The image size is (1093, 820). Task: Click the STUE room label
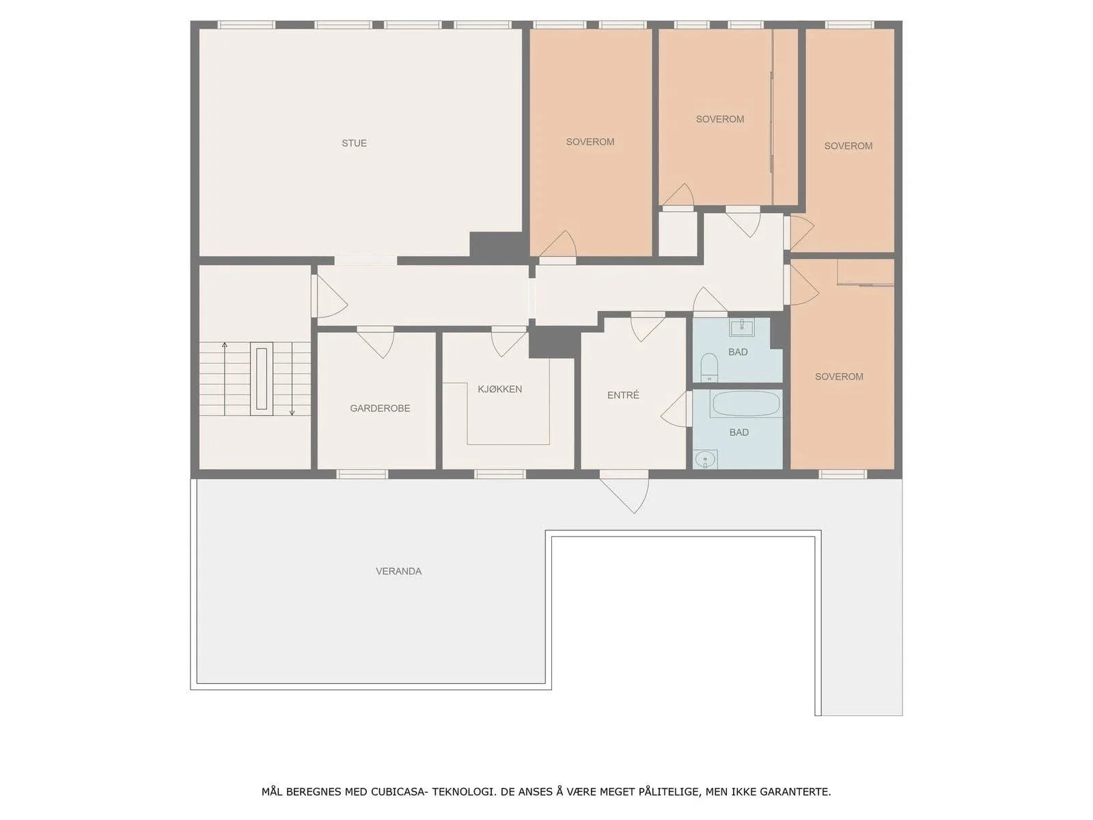point(354,143)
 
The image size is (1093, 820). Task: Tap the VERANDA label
point(398,571)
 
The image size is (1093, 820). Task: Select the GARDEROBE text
point(380,408)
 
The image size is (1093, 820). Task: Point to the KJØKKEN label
point(499,389)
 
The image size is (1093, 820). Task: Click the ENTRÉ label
point(623,396)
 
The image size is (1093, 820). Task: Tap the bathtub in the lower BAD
point(745,404)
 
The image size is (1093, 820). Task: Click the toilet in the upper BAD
point(708,366)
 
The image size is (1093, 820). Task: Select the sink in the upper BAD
point(742,327)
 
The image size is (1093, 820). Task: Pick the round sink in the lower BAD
point(705,459)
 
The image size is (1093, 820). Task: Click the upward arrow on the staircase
point(225,379)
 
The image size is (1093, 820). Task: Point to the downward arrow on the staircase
point(292,379)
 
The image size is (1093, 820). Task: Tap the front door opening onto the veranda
point(624,495)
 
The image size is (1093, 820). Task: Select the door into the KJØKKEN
point(509,341)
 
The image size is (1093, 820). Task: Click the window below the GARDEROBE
point(363,474)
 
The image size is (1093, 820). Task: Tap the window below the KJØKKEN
point(499,474)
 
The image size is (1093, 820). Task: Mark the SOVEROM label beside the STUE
point(590,142)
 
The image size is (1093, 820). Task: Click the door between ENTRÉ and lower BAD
point(677,408)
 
